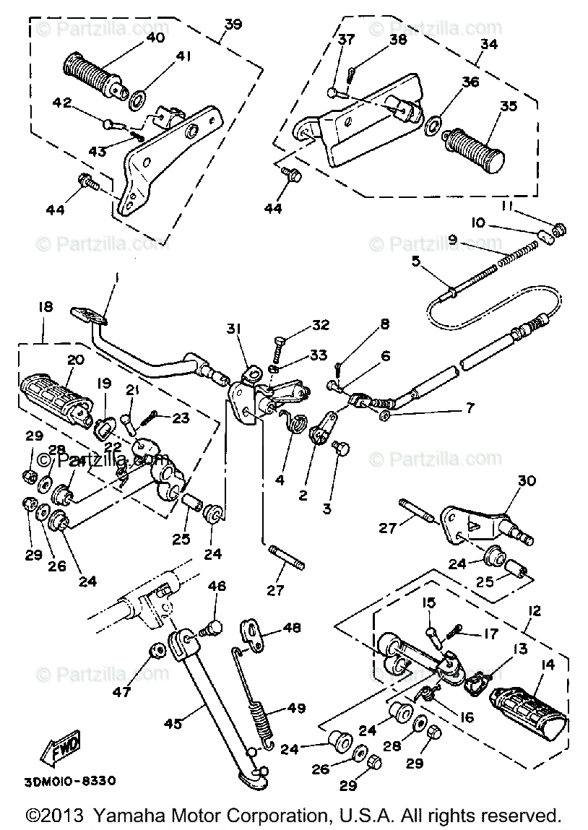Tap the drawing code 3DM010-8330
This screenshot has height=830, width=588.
point(70,781)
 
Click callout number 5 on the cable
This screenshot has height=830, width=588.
point(416,262)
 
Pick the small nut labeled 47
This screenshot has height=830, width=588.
point(154,653)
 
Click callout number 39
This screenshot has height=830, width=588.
point(231,25)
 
